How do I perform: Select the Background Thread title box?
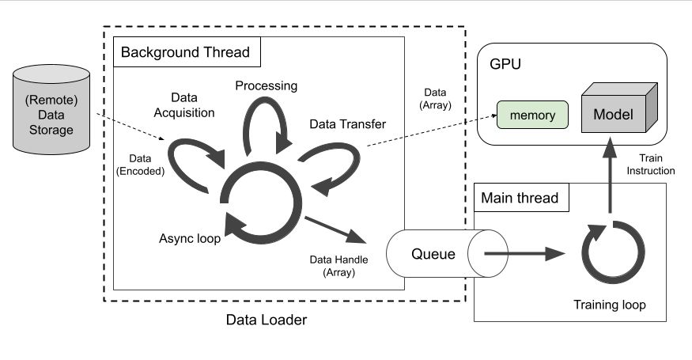click(185, 54)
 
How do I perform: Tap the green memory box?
click(532, 116)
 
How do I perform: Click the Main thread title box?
click(519, 198)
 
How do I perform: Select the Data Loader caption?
click(266, 320)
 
